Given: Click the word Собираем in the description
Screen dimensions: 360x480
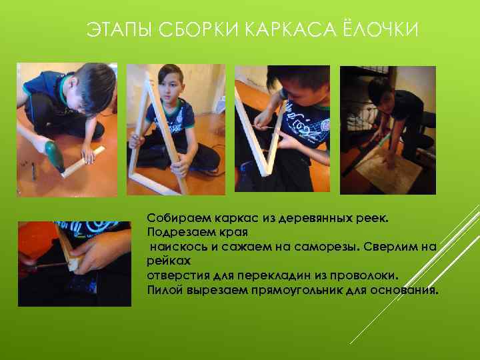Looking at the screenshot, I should coord(175,219).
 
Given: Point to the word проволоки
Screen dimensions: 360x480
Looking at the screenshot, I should coord(363,275).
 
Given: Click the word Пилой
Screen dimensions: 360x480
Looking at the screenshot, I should coord(163,289).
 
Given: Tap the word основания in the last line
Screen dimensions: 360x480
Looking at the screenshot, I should coord(403,289).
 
